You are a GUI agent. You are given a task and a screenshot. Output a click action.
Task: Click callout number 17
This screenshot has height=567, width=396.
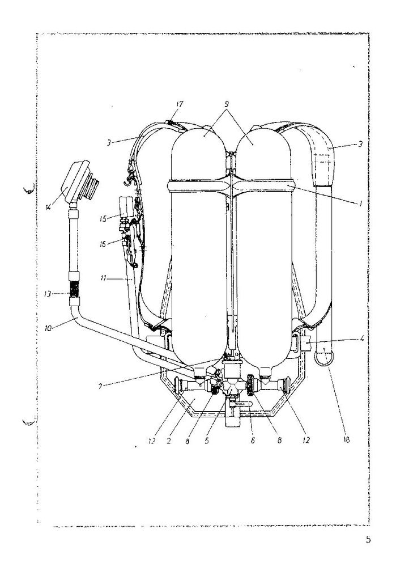[x=179, y=104]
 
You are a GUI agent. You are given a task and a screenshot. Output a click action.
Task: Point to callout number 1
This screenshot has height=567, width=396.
[x=360, y=204]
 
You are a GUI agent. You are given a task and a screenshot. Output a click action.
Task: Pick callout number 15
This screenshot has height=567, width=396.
[x=103, y=219]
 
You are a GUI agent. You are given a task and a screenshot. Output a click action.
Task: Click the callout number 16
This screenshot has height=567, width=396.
[x=103, y=244]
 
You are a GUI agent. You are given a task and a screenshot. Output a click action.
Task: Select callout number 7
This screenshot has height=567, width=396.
[x=101, y=386]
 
